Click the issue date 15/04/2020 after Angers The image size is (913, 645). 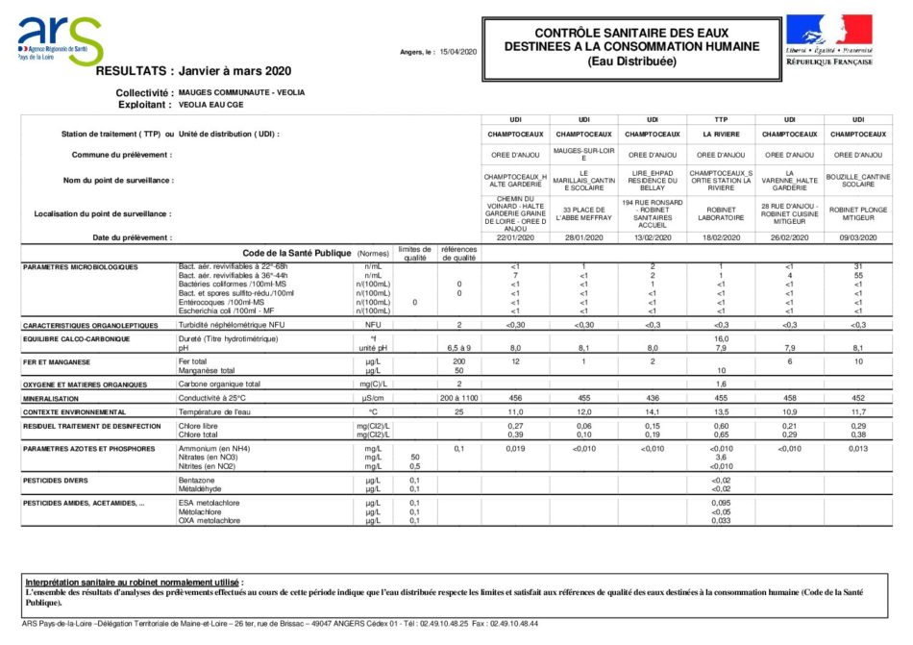click(x=458, y=51)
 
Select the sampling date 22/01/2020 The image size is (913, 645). click(x=515, y=236)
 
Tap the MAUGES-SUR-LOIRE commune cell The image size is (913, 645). click(x=583, y=154)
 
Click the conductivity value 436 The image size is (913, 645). click(x=652, y=397)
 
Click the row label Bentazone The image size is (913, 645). click(x=198, y=479)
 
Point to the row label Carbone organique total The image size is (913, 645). click(x=219, y=384)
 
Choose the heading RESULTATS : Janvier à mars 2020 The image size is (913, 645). click(x=193, y=71)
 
